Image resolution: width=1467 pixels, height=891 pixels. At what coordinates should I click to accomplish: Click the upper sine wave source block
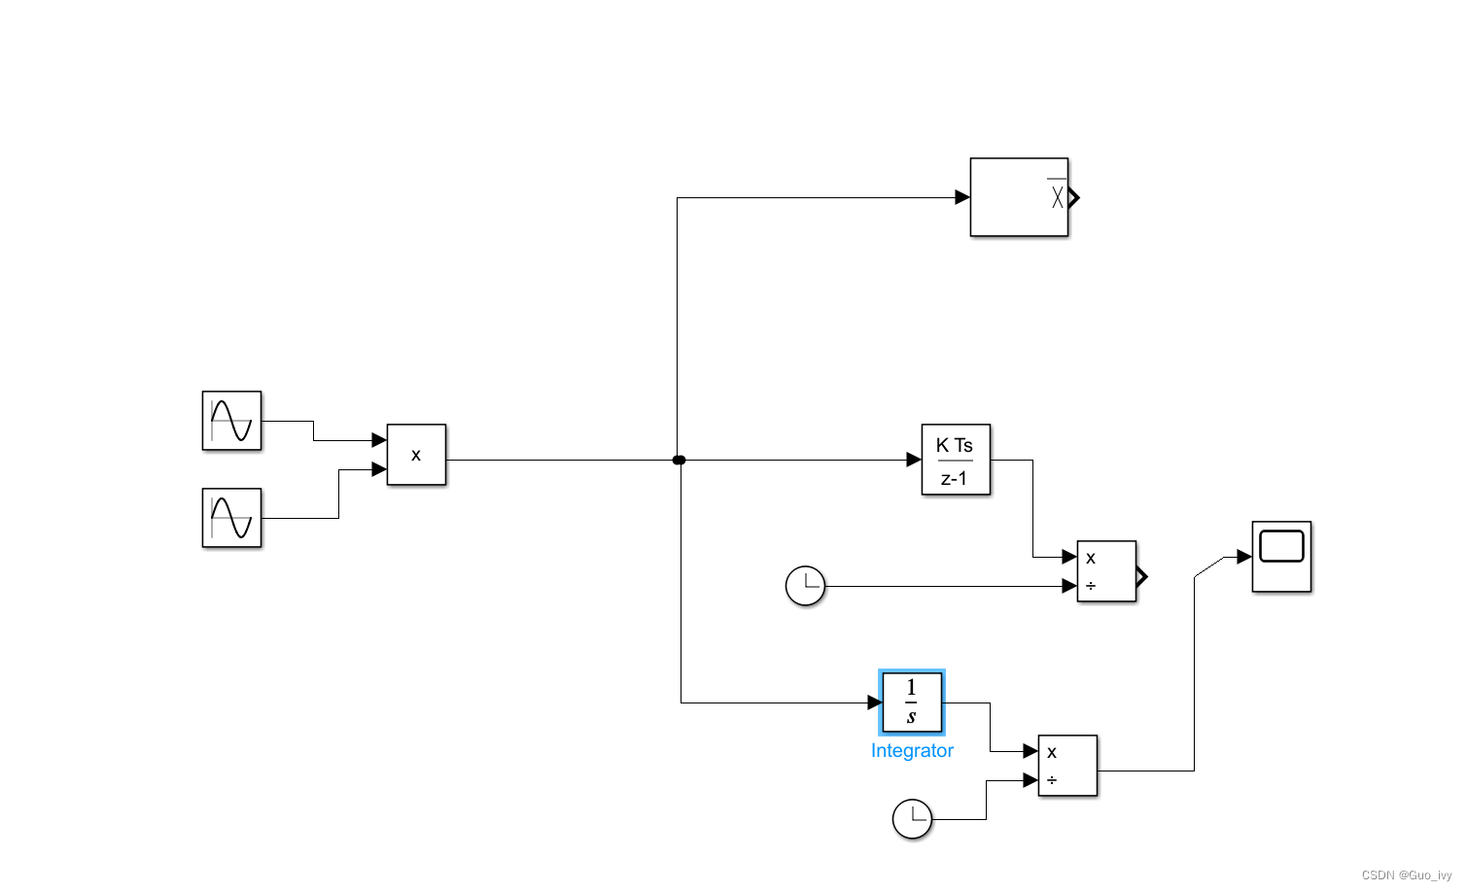[x=231, y=421]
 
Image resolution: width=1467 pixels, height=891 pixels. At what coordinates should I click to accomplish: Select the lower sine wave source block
[x=231, y=518]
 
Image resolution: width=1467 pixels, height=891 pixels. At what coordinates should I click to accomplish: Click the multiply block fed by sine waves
[x=416, y=455]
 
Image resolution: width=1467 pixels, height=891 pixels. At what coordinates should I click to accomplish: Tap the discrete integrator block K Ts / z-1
[x=956, y=460]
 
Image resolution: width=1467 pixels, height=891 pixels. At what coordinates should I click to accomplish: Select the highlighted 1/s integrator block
[x=912, y=702]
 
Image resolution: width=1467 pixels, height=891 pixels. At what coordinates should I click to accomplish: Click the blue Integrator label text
[x=912, y=750]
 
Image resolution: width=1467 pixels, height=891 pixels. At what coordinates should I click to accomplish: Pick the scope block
[x=1281, y=556]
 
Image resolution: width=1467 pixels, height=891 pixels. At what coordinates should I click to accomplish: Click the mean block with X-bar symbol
[x=1019, y=197]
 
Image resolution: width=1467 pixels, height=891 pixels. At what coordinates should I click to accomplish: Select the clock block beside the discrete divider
[x=805, y=586]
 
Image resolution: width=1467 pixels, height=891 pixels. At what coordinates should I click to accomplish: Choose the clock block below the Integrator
[x=912, y=819]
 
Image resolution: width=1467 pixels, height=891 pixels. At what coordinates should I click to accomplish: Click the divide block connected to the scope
[x=1067, y=766]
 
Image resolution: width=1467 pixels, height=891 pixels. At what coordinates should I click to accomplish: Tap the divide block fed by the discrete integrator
[x=1106, y=571]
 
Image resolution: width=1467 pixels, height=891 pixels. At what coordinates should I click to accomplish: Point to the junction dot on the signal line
[x=679, y=460]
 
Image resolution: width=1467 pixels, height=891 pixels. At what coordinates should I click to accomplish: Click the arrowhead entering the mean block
[x=962, y=197]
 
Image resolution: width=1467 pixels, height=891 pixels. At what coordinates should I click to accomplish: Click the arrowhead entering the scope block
[x=1244, y=557]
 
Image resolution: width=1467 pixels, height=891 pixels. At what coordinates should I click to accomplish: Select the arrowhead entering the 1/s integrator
[x=875, y=702]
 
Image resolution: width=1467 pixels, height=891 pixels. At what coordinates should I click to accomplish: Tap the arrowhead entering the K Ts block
[x=914, y=460]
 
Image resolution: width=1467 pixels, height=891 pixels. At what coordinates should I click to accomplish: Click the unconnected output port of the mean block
[x=1074, y=198]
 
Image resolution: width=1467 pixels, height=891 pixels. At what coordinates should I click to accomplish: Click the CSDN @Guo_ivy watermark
[x=1406, y=875]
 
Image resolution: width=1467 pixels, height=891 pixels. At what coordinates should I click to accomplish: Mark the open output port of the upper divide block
[x=1142, y=576]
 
